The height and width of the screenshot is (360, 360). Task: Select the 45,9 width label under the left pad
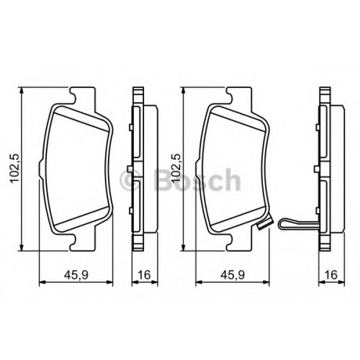point(76,275)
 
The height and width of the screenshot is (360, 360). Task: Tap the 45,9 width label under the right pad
point(233,275)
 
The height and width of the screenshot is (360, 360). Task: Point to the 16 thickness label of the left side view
point(144,275)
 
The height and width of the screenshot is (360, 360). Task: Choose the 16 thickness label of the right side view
point(331,275)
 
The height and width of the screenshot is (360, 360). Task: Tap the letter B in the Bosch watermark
point(163,180)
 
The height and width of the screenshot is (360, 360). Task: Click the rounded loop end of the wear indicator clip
point(282,224)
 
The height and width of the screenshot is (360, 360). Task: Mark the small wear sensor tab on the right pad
point(261,226)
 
